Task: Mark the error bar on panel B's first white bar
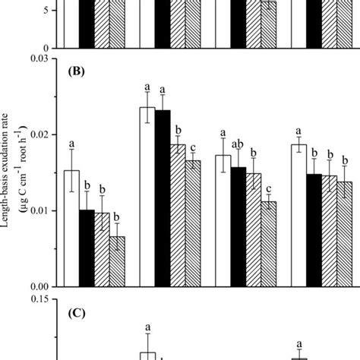(x=71, y=170)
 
